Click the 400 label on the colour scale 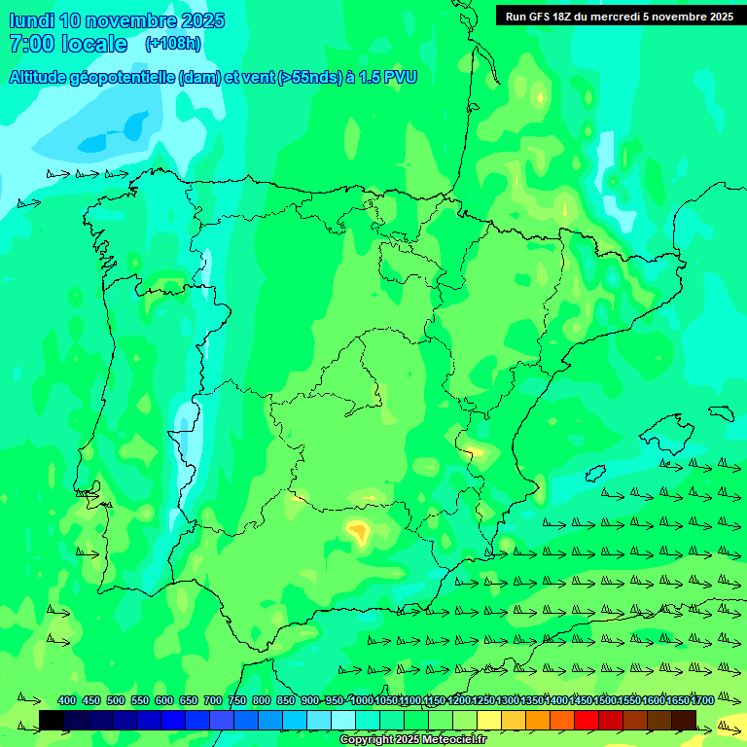pos(67,700)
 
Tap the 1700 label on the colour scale pos(703,700)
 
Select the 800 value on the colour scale pos(262,700)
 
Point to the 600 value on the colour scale pos(164,700)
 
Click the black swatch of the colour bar pos(52,720)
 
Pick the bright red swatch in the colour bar pos(587,720)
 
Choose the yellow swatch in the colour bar pos(489,720)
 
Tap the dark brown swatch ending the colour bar pos(684,720)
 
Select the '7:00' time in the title pos(31,44)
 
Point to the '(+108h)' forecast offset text pos(173,44)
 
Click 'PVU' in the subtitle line pos(399,77)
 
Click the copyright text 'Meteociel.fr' pos(456,740)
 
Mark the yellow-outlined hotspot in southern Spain pos(359,531)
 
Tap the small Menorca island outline pos(721,412)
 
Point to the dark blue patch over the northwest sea pos(95,142)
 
